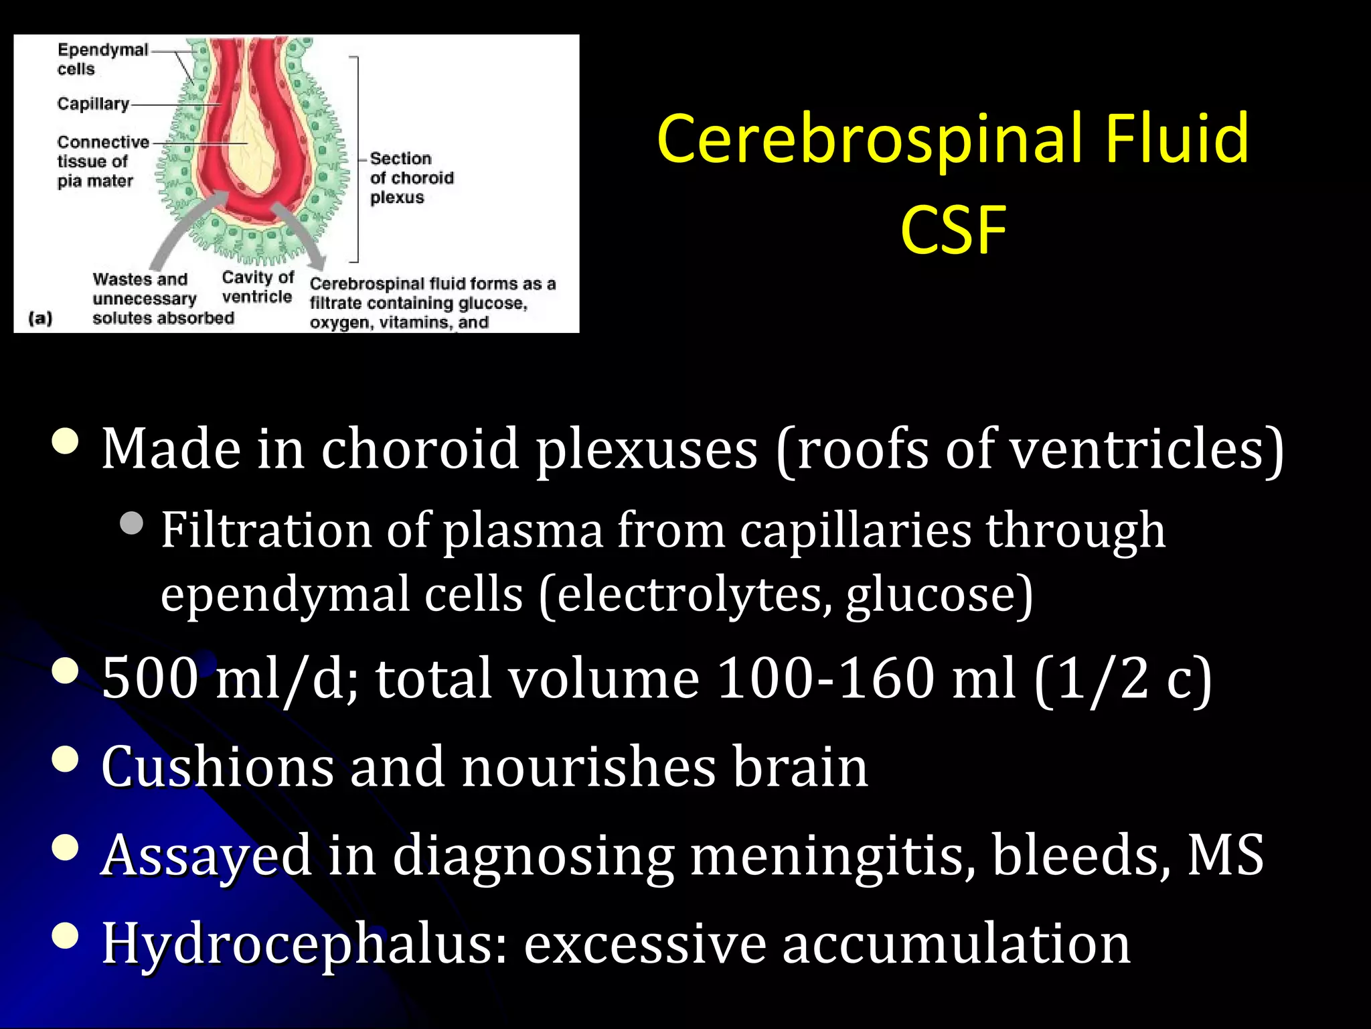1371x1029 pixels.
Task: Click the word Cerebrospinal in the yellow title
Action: [x=870, y=139]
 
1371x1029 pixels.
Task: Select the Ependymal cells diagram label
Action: [x=102, y=59]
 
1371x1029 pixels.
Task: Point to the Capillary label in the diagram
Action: [x=93, y=104]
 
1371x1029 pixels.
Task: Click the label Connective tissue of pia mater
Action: [x=102, y=161]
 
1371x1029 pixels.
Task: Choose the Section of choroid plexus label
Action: [x=411, y=178]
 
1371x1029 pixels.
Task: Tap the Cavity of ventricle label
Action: [x=257, y=287]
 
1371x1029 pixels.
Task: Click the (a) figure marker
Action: [x=40, y=318]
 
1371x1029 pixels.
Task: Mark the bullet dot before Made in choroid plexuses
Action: [x=66, y=442]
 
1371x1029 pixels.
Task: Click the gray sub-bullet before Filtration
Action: [x=132, y=523]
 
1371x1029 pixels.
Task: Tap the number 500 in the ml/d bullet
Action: [x=150, y=678]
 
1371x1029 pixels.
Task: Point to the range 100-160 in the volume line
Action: [x=825, y=678]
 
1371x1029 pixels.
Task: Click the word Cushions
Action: [x=217, y=766]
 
